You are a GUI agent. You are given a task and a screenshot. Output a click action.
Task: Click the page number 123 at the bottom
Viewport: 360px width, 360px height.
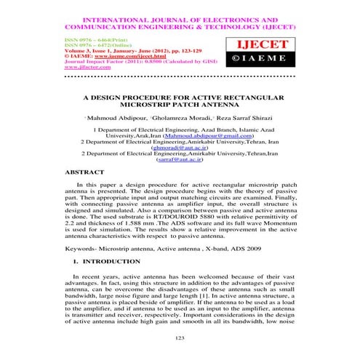[x=180, y=339]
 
